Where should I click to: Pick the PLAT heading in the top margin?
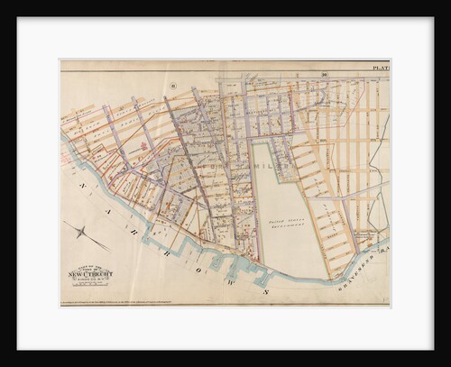tap(380, 68)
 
